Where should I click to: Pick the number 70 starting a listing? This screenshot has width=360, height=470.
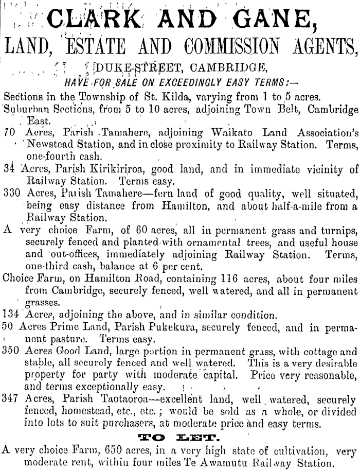[9, 132]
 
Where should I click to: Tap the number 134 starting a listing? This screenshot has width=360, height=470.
[12, 315]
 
